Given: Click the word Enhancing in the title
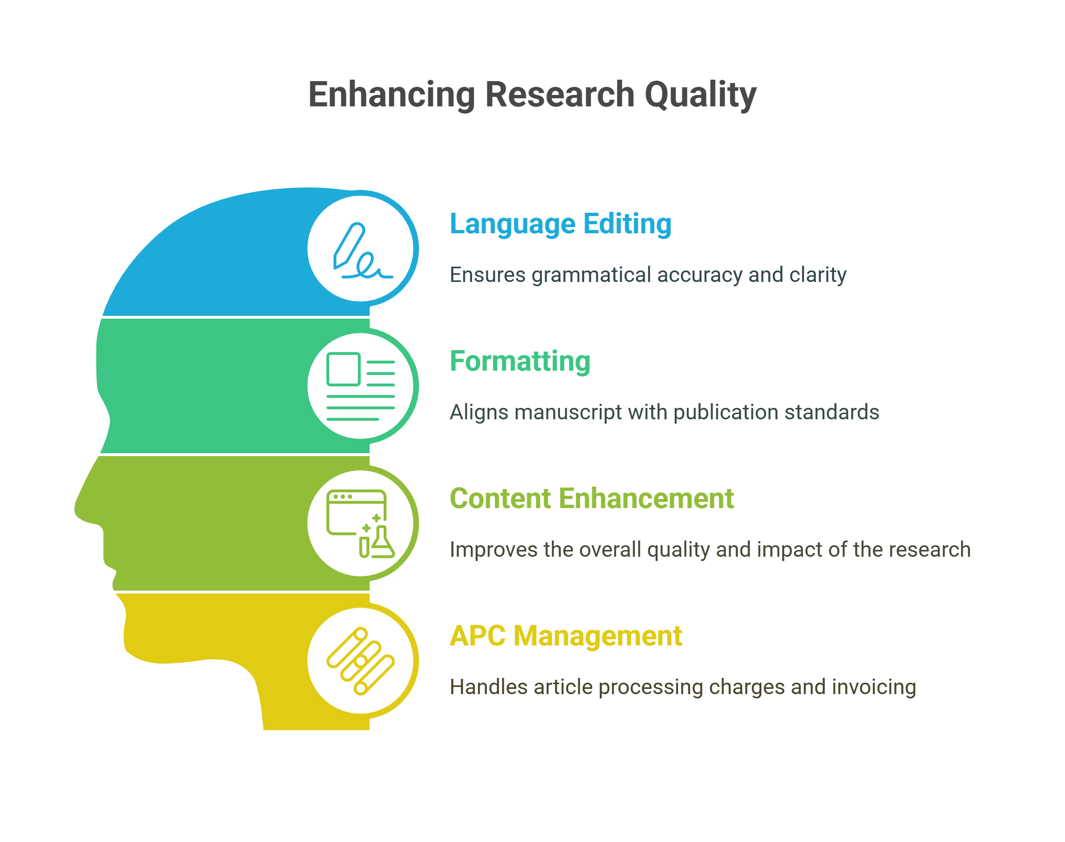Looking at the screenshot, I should [x=391, y=94].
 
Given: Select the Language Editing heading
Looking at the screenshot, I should [x=560, y=224].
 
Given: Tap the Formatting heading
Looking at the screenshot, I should [x=520, y=361].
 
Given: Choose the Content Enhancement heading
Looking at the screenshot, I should [x=591, y=499].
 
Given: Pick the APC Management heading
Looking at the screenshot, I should [x=565, y=636].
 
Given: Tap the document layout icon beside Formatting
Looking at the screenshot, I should [x=360, y=386].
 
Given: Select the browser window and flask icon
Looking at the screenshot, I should [x=360, y=523].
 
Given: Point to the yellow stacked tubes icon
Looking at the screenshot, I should [x=360, y=661].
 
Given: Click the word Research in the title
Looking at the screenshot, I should [x=560, y=94].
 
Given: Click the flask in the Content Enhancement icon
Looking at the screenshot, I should [x=383, y=543].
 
